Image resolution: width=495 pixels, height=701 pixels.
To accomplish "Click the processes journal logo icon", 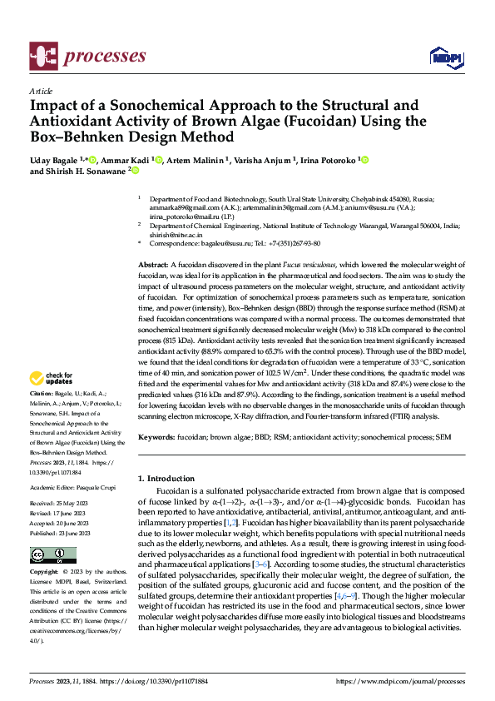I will tap(43, 57).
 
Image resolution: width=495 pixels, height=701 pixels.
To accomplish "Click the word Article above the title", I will tap(41, 92).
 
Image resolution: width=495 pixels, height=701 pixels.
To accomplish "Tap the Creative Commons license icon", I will tap(48, 554).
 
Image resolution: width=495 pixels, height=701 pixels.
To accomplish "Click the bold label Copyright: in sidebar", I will tap(44, 574).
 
